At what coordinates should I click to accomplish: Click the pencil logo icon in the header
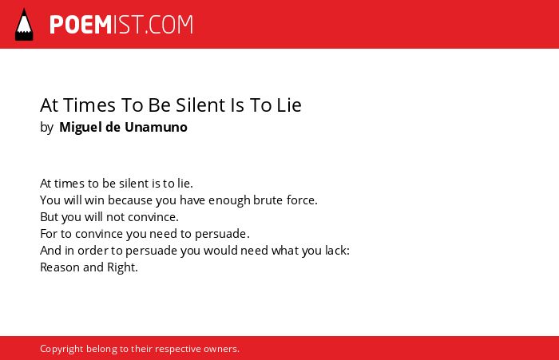click(x=24, y=24)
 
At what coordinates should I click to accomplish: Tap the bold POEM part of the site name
click(x=81, y=25)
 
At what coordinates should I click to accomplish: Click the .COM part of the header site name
click(x=168, y=25)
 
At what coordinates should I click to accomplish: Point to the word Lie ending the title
click(x=289, y=105)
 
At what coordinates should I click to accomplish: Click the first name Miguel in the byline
click(x=80, y=128)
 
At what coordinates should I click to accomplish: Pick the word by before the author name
click(x=46, y=128)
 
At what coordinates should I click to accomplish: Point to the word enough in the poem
click(x=230, y=200)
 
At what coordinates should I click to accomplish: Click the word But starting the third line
click(x=49, y=216)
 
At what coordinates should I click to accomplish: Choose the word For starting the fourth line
click(x=49, y=233)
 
